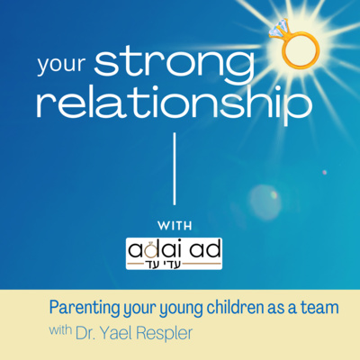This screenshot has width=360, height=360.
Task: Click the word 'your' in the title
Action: [62, 64]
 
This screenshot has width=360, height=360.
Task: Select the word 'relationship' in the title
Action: [175, 104]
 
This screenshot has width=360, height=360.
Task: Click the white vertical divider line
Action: [175, 169]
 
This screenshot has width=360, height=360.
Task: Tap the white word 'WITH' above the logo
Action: [175, 226]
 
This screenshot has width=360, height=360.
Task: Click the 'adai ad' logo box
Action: [174, 254]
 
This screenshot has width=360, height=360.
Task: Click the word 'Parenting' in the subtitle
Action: [85, 308]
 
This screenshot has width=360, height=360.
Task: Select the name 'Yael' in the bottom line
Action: [116, 333]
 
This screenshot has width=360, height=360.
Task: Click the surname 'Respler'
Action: [164, 334]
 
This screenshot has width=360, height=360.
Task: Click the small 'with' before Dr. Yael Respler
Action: [60, 330]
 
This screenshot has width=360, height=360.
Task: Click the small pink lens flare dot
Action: [324, 173]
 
